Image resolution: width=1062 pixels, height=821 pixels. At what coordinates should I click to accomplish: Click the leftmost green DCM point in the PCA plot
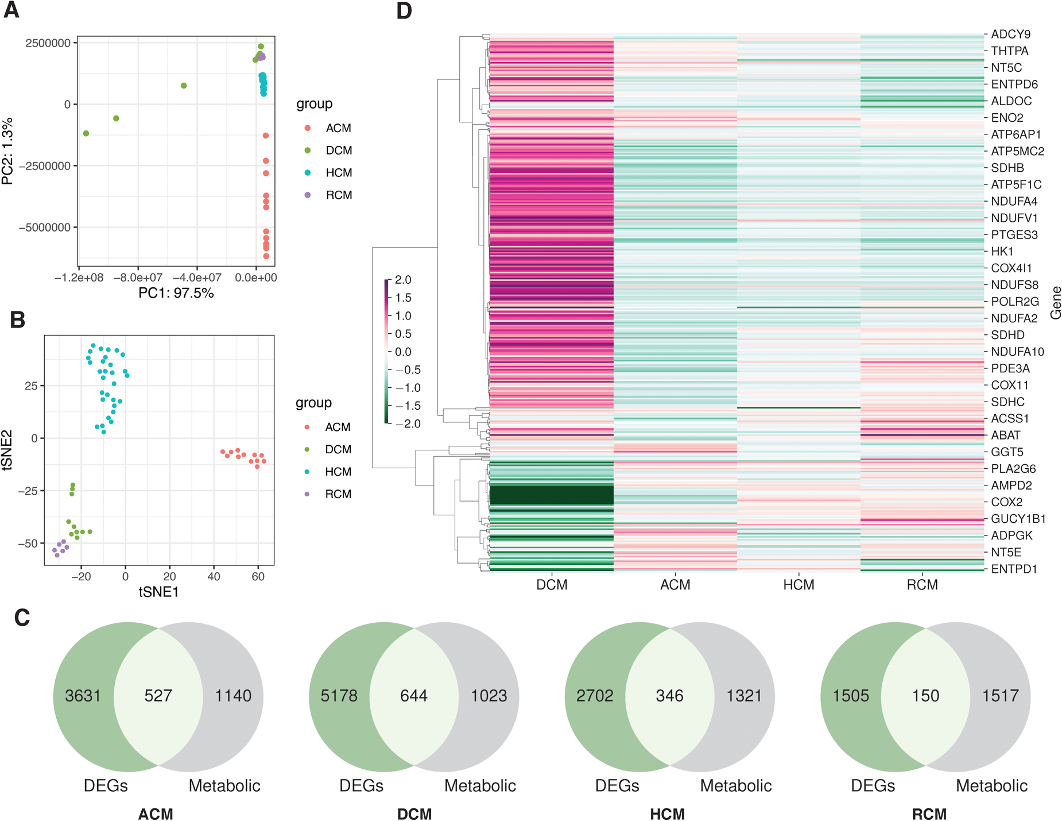pyautogui.click(x=86, y=133)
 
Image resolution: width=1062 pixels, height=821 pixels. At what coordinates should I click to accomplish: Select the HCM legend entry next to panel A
pyautogui.click(x=339, y=173)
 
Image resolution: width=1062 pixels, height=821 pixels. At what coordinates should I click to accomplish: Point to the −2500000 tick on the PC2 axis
pyautogui.click(x=48, y=166)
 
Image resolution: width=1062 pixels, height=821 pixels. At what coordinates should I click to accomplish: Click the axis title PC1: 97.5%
pyautogui.click(x=176, y=293)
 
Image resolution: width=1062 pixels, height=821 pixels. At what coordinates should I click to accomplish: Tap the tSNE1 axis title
pyautogui.click(x=159, y=592)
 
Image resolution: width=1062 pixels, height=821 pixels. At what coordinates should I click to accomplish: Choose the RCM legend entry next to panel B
pyautogui.click(x=338, y=494)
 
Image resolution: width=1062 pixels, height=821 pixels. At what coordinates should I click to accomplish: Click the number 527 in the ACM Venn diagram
pyautogui.click(x=158, y=696)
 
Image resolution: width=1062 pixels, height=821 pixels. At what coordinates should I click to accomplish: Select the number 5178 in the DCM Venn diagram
pyautogui.click(x=339, y=696)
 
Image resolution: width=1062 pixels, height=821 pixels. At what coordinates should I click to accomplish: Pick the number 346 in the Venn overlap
pyautogui.click(x=669, y=696)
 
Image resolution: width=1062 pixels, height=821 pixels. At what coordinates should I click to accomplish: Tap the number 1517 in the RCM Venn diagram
pyautogui.click(x=1000, y=696)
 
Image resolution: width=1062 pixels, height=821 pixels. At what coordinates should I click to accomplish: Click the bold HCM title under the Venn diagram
pyautogui.click(x=667, y=814)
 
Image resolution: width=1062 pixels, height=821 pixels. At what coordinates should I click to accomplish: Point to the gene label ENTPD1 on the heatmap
pyautogui.click(x=1014, y=569)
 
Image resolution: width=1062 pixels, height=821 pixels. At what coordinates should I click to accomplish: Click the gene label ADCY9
pyautogui.click(x=1011, y=34)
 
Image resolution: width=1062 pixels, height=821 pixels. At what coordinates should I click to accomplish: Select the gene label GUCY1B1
pyautogui.click(x=1018, y=519)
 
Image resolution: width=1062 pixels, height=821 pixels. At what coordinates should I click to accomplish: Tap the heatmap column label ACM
pyautogui.click(x=675, y=585)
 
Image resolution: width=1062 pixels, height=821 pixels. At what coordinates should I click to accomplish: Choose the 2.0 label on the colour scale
pyautogui.click(x=403, y=280)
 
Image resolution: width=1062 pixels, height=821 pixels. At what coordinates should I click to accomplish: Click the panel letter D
pyautogui.click(x=404, y=11)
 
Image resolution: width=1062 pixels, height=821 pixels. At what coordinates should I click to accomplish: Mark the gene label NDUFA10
pyautogui.click(x=1017, y=352)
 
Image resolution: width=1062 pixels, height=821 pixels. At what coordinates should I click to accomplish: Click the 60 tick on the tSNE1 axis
pyautogui.click(x=258, y=576)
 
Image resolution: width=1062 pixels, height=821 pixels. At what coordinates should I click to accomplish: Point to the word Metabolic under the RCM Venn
pyautogui.click(x=991, y=785)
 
